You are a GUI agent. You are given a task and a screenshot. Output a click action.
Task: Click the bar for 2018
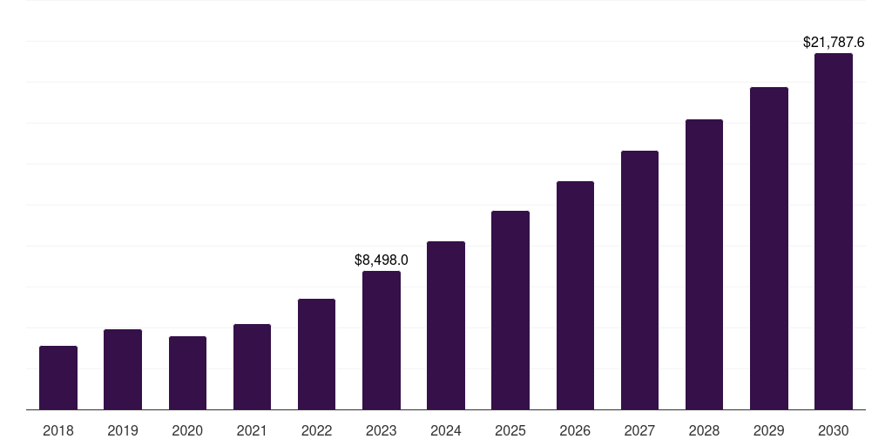tap(58, 378)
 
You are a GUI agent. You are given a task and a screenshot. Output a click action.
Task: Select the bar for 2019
tap(123, 369)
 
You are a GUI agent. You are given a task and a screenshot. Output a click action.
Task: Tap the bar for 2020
tap(187, 373)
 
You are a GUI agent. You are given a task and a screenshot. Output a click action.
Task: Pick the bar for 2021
tap(252, 367)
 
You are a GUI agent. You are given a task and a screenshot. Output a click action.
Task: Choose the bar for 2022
tap(316, 355)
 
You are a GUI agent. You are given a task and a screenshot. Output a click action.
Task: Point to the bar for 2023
tap(382, 341)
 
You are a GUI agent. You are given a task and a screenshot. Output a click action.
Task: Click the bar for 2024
tap(446, 326)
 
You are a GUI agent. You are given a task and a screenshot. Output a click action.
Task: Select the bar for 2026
tap(575, 295)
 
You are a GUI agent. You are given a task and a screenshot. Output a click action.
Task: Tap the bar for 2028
tap(704, 265)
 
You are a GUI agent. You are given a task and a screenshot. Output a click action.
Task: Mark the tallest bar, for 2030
tap(834, 232)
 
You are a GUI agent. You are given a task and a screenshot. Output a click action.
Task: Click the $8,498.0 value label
tap(382, 260)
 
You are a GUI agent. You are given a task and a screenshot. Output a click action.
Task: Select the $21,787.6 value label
tap(834, 42)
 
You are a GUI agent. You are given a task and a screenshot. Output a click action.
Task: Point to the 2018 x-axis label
tap(58, 430)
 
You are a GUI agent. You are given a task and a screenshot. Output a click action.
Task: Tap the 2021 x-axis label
tap(252, 430)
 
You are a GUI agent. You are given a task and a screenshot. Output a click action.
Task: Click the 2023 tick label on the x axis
tap(382, 430)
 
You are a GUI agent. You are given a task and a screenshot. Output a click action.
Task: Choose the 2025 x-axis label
tap(510, 430)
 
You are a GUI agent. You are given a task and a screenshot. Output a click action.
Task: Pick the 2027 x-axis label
tap(639, 430)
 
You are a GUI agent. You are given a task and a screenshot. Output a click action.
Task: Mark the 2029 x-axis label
tap(769, 430)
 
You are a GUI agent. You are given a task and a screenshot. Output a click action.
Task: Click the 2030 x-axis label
tap(834, 430)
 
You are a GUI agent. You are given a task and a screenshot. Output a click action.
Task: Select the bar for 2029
tap(769, 248)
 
